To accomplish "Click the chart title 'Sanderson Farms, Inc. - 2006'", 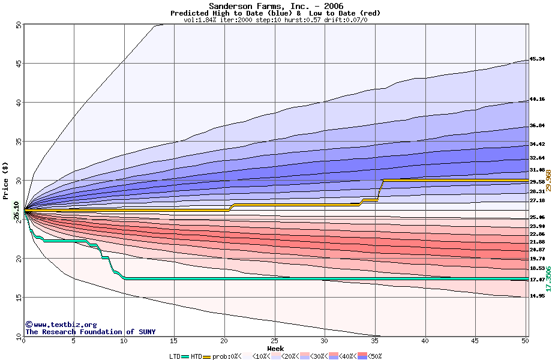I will click(x=276, y=6).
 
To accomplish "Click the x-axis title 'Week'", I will click(x=275, y=348).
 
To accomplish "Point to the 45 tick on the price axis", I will click(x=18, y=64).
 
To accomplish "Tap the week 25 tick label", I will click(x=274, y=341).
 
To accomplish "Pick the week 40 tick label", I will click(x=425, y=341).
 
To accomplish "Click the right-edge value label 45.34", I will click(x=537, y=59).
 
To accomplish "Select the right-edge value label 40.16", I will click(x=537, y=100).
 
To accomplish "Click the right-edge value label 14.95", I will click(x=537, y=296).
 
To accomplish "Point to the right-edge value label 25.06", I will click(x=537, y=217).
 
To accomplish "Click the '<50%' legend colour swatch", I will click(x=362, y=356).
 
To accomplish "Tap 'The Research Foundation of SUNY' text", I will click(x=88, y=332).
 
